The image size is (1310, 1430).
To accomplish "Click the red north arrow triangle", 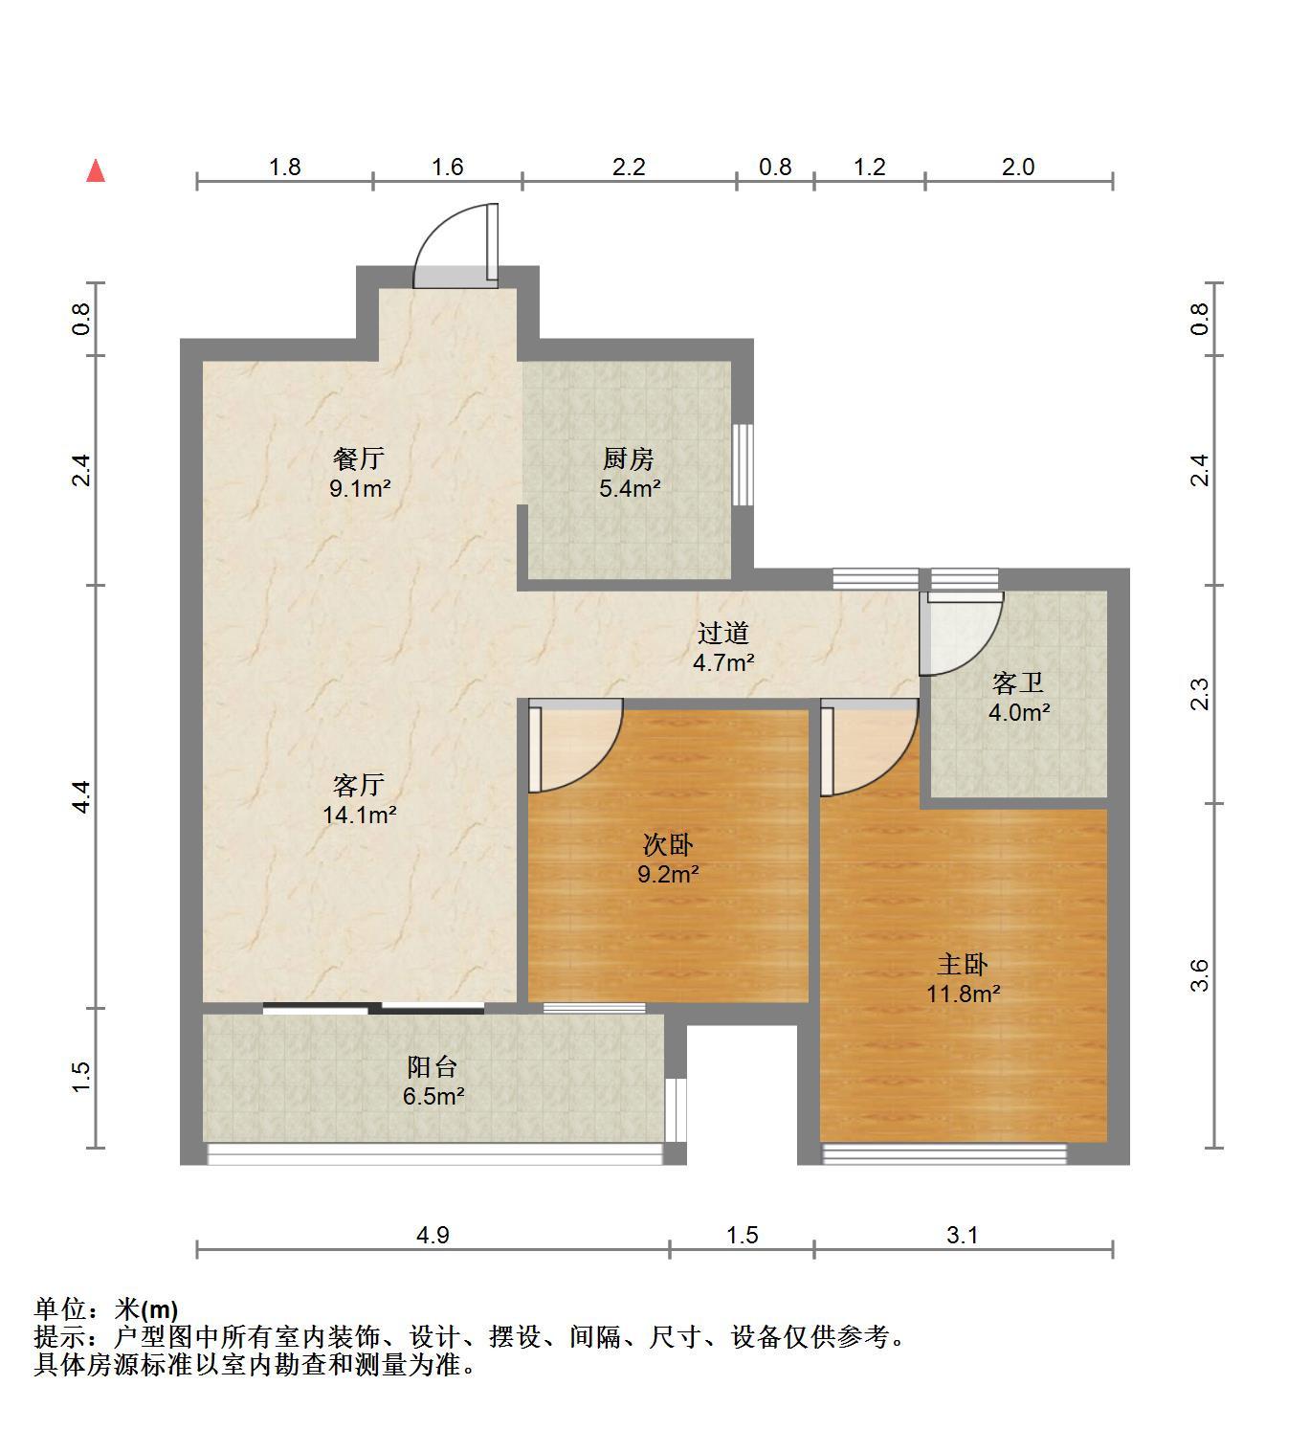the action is (x=96, y=171).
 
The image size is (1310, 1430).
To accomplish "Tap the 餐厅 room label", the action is (x=359, y=458).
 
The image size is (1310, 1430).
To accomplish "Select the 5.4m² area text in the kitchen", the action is (x=630, y=488).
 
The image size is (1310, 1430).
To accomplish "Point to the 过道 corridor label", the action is (x=723, y=633).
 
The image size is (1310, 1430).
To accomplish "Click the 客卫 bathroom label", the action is (x=1018, y=682).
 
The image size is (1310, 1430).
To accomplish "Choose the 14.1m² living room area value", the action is (x=359, y=815).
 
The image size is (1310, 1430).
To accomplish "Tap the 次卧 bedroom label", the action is (x=668, y=845).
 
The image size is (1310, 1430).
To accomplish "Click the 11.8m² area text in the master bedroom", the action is (x=963, y=994).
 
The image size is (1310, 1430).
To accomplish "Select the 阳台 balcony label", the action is (x=432, y=1066).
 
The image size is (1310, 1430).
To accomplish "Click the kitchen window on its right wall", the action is (x=743, y=465).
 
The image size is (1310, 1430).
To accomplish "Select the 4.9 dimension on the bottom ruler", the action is (x=433, y=1235).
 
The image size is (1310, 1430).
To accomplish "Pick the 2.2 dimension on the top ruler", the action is (x=629, y=167).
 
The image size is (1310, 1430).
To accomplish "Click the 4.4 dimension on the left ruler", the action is (x=82, y=797).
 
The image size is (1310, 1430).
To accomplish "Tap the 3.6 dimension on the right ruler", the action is (x=1200, y=975).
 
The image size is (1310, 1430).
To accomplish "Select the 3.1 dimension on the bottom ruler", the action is (x=963, y=1235).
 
